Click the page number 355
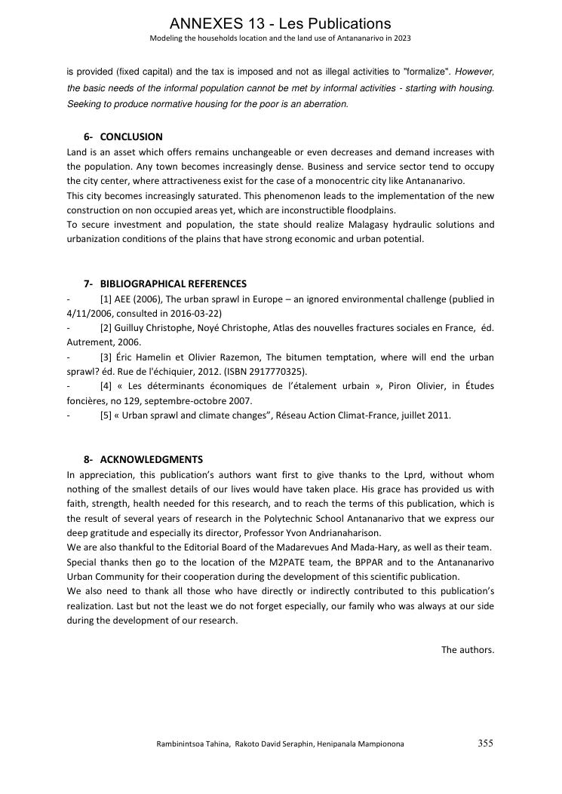coord(485,743)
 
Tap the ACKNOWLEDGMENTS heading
coord(151,460)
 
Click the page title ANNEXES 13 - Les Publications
coord(281,24)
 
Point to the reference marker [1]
coord(106,299)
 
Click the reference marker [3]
coord(106,357)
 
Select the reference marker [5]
coord(106,415)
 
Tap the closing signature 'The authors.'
coord(468,649)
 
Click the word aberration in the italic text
coord(325,104)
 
